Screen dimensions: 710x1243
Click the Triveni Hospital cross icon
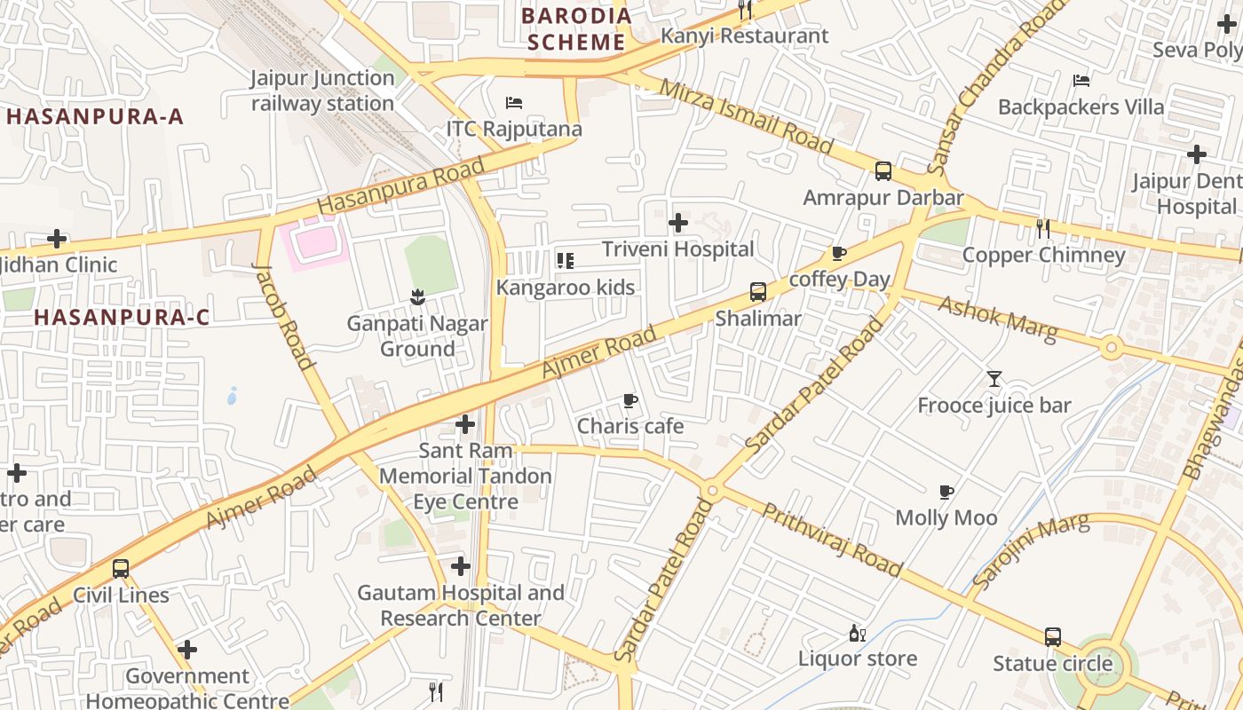678,223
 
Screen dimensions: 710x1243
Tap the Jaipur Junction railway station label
322,91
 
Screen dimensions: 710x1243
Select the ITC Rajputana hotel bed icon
513,103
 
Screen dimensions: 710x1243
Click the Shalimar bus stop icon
757,292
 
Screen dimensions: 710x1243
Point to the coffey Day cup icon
839,254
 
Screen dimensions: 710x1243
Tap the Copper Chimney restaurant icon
1043,229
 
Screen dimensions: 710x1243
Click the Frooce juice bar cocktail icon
994,380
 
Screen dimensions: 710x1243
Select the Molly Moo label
946,517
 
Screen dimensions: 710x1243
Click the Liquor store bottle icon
857,633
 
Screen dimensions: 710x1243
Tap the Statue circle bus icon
1052,637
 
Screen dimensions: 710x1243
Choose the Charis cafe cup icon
630,400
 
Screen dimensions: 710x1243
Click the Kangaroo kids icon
565,261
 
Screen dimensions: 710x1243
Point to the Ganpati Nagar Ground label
416,335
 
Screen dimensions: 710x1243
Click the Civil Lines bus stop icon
121,569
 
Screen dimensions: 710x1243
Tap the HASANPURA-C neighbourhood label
122,317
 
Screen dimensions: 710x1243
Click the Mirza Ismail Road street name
747,115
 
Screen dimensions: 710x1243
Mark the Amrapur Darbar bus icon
883,171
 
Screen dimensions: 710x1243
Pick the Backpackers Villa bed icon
1081,81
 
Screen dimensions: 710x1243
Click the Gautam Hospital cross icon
460,566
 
